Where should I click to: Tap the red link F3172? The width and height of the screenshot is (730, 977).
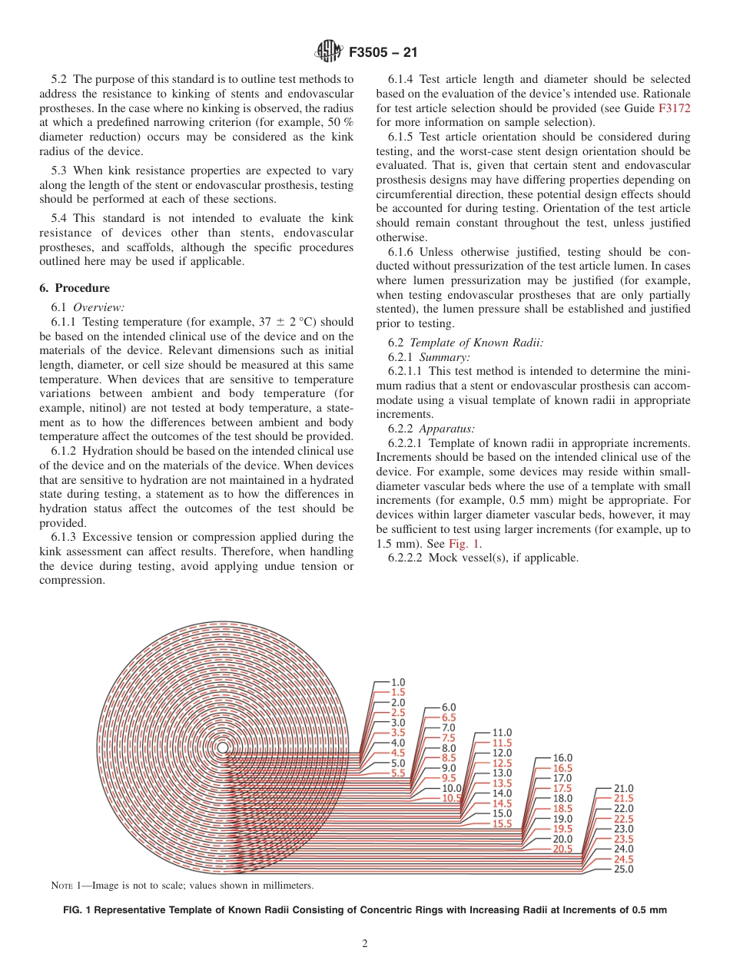pyautogui.click(x=674, y=108)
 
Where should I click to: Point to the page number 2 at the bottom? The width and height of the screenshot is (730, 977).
pyautogui.click(x=365, y=944)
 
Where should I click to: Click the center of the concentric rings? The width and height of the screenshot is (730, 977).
pyautogui.click(x=222, y=747)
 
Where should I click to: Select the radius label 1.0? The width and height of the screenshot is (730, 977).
pyautogui.click(x=397, y=682)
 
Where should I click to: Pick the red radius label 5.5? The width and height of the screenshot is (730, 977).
pyautogui.click(x=397, y=773)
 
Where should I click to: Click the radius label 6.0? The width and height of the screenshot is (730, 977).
pyautogui.click(x=448, y=707)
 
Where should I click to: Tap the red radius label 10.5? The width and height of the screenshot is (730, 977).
pyautogui.click(x=451, y=798)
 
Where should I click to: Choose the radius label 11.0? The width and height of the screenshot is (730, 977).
pyautogui.click(x=502, y=733)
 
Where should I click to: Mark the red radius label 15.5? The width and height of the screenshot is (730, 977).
pyautogui.click(x=502, y=823)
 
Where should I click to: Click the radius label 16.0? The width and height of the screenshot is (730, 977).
pyautogui.click(x=562, y=758)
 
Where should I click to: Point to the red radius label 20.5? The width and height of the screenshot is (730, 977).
pyautogui.click(x=562, y=849)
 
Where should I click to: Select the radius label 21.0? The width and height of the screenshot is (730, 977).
pyautogui.click(x=623, y=788)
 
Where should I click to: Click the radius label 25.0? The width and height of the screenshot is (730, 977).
pyautogui.click(x=623, y=869)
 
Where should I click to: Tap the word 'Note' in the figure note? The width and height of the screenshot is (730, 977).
pyautogui.click(x=61, y=886)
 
